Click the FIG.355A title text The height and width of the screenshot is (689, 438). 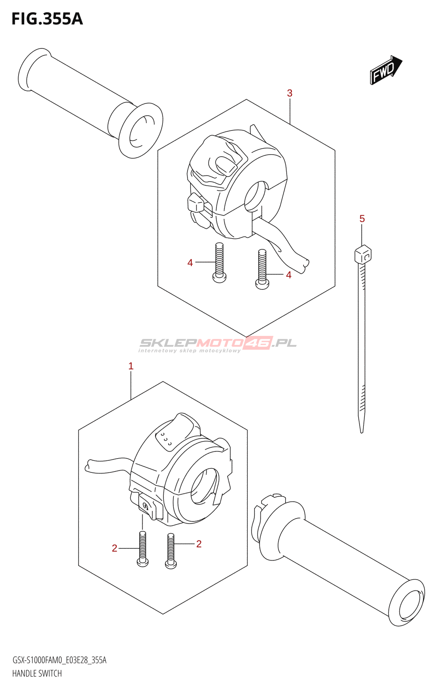(x=47, y=19)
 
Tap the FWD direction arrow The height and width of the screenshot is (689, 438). (x=385, y=70)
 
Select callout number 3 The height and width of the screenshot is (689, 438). (x=290, y=93)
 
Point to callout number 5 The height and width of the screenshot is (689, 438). (x=362, y=219)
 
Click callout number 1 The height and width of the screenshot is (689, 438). (x=131, y=366)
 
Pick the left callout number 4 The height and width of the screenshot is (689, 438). (x=190, y=263)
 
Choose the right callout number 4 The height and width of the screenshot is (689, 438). (x=288, y=275)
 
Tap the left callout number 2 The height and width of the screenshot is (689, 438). (x=114, y=548)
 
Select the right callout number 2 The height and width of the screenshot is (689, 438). (x=199, y=544)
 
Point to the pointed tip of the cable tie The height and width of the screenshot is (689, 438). (x=361, y=428)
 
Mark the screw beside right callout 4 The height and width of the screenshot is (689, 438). (x=262, y=270)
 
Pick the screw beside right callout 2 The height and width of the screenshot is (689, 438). (x=171, y=551)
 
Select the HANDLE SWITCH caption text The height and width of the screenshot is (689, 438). (x=37, y=673)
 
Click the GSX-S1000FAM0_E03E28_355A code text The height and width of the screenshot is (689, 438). (x=59, y=660)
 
